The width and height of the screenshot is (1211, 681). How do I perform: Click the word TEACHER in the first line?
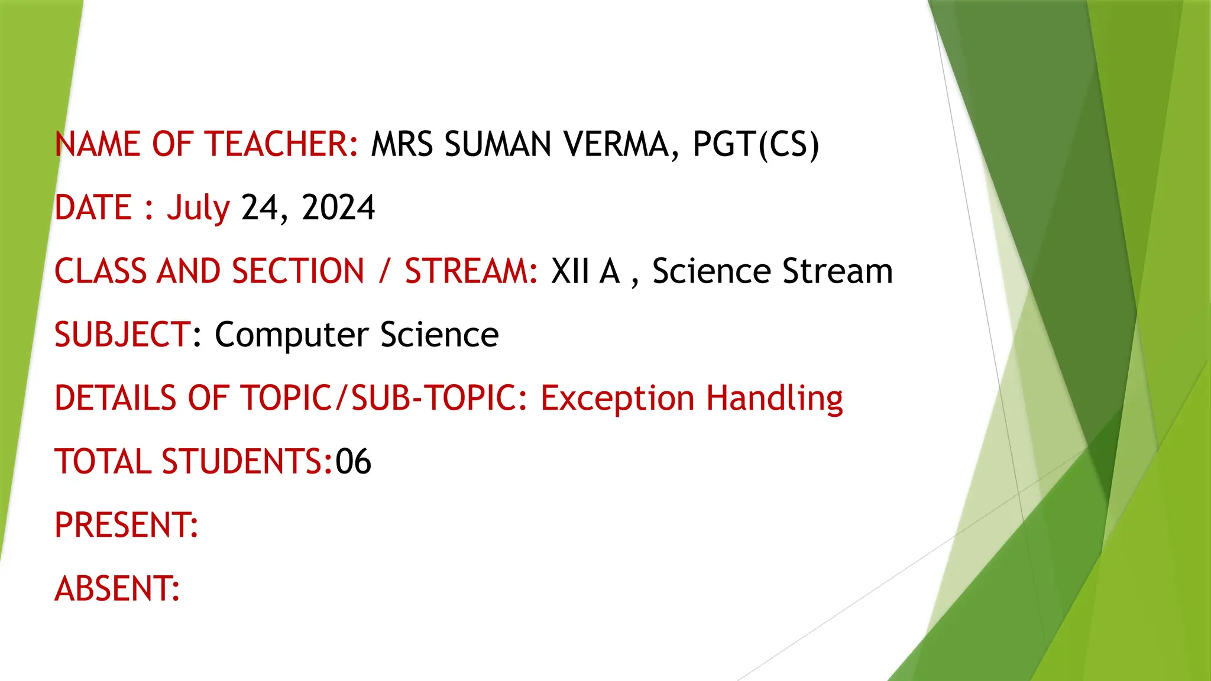tap(280, 144)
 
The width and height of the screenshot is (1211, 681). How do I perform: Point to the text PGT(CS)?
tap(756, 144)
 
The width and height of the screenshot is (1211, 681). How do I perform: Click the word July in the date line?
tap(197, 208)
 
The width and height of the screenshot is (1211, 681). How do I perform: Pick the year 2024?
tap(338, 208)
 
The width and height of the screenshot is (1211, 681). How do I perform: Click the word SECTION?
tap(297, 271)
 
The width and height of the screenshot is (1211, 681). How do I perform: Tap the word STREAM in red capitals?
tap(470, 271)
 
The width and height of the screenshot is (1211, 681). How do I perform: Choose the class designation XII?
tap(570, 271)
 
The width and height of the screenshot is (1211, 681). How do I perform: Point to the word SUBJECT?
tap(122, 335)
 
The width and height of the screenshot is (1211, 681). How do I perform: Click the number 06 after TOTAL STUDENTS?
tap(353, 462)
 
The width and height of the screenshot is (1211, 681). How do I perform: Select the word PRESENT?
tap(125, 525)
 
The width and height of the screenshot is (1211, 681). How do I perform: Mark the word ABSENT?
tap(116, 589)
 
